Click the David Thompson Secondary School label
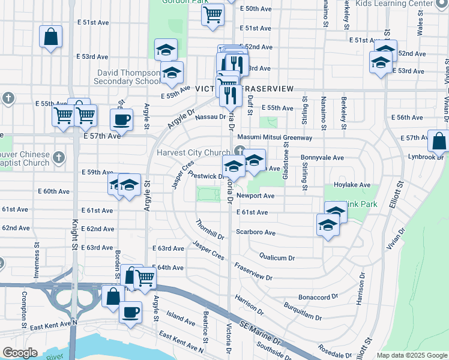coord(128,77)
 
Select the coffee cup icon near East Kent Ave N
coord(131,312)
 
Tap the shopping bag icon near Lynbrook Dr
coord(439,141)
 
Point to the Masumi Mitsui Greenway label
coord(278,137)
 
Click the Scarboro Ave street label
coord(256,232)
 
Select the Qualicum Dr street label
coord(277,257)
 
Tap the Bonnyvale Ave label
coord(322,158)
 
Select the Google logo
coord(20,353)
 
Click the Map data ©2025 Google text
coord(411,355)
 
